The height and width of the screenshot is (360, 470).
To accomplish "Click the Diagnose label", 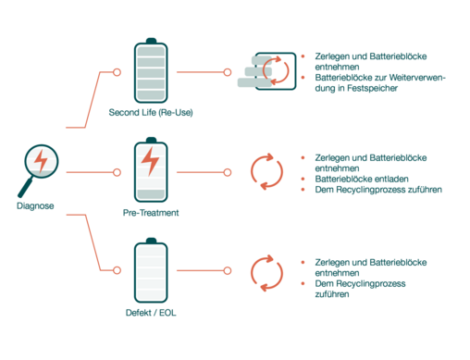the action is click(x=35, y=205).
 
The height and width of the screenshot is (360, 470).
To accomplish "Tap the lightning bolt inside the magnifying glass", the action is click(x=41, y=160).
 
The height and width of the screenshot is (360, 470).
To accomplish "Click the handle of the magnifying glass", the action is click(x=25, y=188).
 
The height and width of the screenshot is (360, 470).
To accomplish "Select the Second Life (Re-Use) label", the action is click(x=151, y=112).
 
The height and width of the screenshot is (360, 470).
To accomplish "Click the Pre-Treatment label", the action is click(x=151, y=213).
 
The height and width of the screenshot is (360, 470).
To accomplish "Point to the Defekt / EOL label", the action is click(x=151, y=313).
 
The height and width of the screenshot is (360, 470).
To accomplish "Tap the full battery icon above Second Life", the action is click(x=151, y=70).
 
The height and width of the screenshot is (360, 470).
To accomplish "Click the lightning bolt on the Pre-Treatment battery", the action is click(x=151, y=161).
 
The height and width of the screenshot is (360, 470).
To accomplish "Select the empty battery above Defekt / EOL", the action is click(x=151, y=270).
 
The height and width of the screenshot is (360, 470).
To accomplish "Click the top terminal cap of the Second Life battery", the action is click(x=151, y=41).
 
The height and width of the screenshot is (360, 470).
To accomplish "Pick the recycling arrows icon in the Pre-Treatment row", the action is click(x=266, y=171).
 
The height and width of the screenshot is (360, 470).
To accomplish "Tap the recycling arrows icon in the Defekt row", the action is click(x=266, y=273).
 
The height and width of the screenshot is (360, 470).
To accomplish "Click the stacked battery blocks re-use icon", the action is click(x=266, y=71).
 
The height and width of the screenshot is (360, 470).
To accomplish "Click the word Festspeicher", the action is click(x=372, y=88).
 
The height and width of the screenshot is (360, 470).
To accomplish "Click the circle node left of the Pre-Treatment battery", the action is click(x=117, y=172).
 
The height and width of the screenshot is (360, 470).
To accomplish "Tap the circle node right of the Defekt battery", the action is click(x=228, y=270).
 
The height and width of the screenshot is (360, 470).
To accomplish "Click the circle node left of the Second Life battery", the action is click(x=117, y=72).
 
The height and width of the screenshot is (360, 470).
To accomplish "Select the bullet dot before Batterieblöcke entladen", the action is click(x=303, y=179).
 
